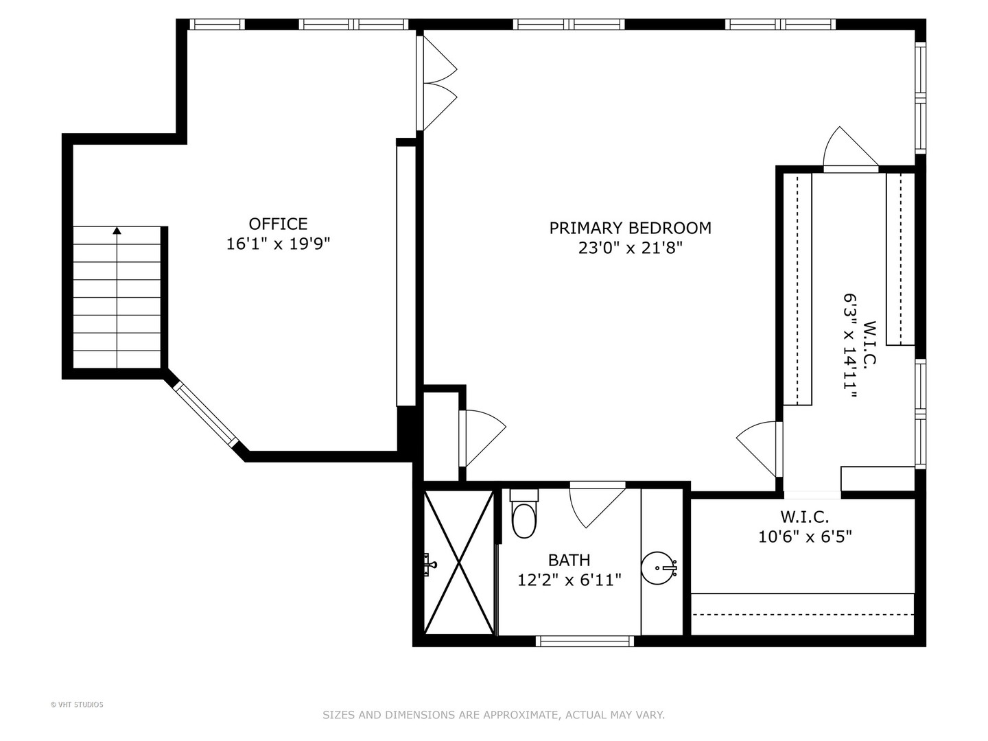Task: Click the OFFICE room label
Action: coord(278,224)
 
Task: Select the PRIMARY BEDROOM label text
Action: coord(630,228)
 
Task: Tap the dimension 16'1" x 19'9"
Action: coord(278,244)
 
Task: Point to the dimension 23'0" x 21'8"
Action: coord(630,248)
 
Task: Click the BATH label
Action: coord(569,561)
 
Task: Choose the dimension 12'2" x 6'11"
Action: coord(569,580)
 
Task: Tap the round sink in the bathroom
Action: coord(659,567)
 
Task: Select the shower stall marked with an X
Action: coord(458,563)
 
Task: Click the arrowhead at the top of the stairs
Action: coord(117,231)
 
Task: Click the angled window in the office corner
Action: coord(205,414)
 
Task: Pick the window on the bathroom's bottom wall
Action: coord(584,642)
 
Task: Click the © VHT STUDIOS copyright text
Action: coord(77,705)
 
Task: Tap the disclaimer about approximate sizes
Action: coord(493,715)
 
